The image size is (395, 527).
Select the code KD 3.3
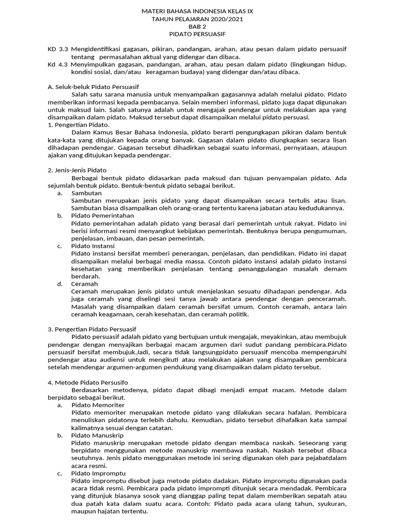[58, 49]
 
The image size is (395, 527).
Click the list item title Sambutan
[86, 192]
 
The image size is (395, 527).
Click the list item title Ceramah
[85, 283]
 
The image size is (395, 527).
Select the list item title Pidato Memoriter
[98, 405]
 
